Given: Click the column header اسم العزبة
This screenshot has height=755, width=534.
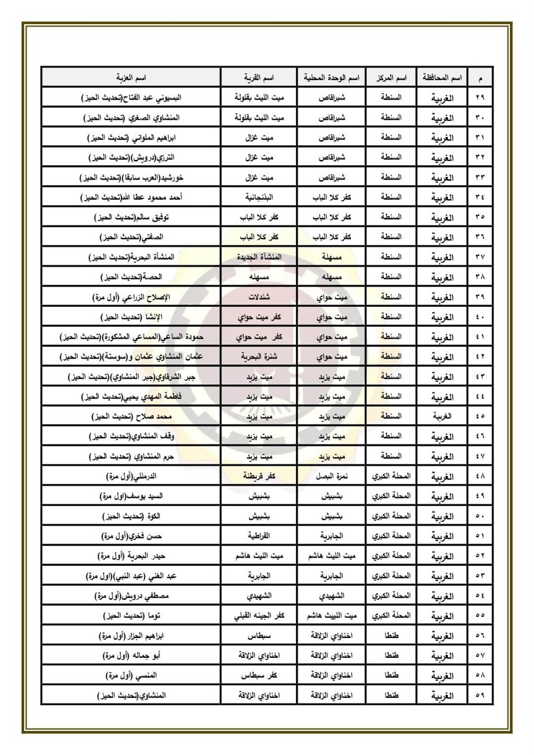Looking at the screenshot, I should [132, 78].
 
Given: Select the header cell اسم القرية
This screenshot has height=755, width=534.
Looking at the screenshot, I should [259, 78].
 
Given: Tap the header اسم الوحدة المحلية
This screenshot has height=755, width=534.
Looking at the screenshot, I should [331, 78].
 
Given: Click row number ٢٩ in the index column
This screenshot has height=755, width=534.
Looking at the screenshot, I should [480, 98].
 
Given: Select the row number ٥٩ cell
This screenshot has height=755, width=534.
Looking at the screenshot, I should [480, 695].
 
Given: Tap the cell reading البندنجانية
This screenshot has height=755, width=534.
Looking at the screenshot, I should [259, 197].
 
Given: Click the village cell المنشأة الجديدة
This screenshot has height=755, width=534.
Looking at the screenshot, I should [259, 257].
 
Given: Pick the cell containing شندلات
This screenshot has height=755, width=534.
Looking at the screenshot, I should [259, 297].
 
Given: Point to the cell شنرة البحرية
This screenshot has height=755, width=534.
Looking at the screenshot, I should [259, 356].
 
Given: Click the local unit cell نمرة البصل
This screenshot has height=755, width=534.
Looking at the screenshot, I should [331, 476].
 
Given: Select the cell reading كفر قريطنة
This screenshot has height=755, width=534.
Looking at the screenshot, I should [259, 476].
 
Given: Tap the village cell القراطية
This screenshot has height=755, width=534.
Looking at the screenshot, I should [259, 536].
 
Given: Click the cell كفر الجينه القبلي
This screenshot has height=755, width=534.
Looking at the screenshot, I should [259, 616].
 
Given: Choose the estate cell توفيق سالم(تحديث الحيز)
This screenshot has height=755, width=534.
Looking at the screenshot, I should [132, 217].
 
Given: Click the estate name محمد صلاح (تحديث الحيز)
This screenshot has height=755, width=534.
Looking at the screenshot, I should [132, 416].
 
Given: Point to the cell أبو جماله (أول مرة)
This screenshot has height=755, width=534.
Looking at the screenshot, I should [132, 656].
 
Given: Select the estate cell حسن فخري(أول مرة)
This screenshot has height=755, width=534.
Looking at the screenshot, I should [132, 536].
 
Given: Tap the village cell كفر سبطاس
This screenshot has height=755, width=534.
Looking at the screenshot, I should [259, 675].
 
